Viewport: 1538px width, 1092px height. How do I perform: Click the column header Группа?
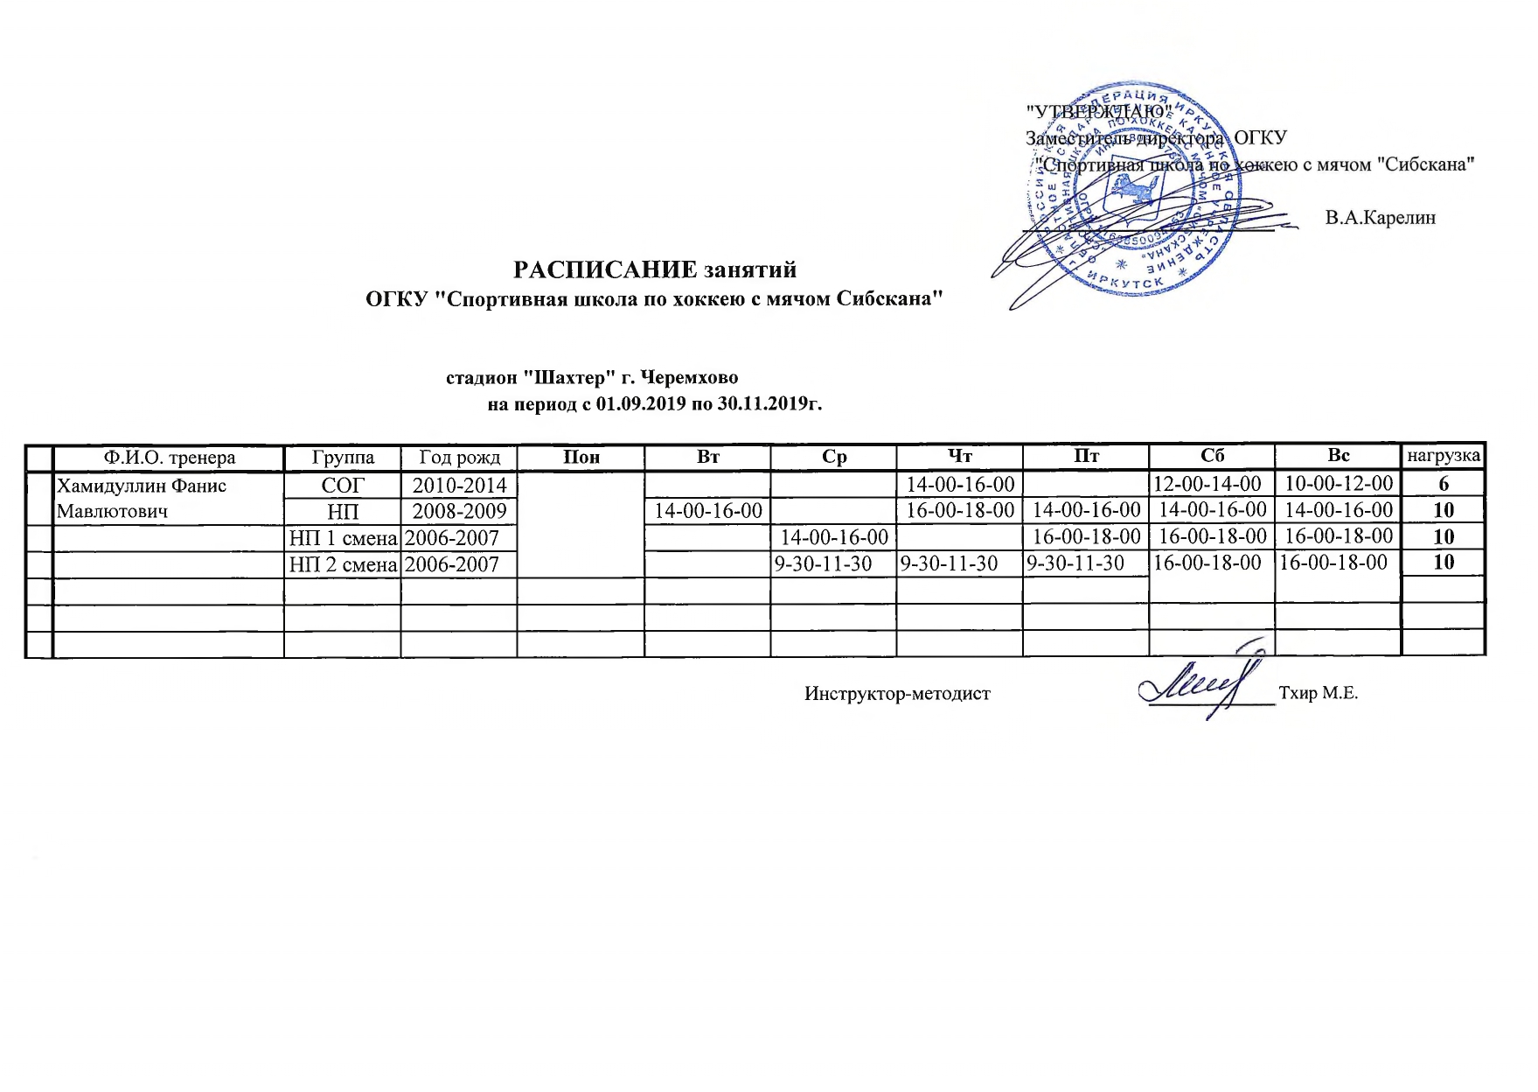343,458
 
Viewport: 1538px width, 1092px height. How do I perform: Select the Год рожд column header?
459,458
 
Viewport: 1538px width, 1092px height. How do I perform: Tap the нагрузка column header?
1443,456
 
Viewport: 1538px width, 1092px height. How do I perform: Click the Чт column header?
959,456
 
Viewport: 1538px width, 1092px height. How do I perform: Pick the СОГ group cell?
342,485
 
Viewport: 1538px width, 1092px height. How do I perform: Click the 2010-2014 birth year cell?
459,485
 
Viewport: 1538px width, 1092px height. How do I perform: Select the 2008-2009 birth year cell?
459,511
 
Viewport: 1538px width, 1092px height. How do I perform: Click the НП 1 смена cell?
343,538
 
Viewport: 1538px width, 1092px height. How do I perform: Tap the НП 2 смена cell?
343,564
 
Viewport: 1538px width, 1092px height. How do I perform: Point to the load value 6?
1444,484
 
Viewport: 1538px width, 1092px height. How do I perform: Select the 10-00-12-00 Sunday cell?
1339,483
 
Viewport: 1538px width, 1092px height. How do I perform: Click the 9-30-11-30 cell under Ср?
823,563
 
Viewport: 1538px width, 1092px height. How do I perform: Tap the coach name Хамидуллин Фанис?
142,486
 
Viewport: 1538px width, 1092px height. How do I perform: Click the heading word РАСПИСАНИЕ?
604,269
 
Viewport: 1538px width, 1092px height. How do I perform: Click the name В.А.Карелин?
1380,218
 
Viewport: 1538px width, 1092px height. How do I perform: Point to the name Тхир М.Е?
1318,694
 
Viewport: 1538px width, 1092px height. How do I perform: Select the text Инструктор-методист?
897,694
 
